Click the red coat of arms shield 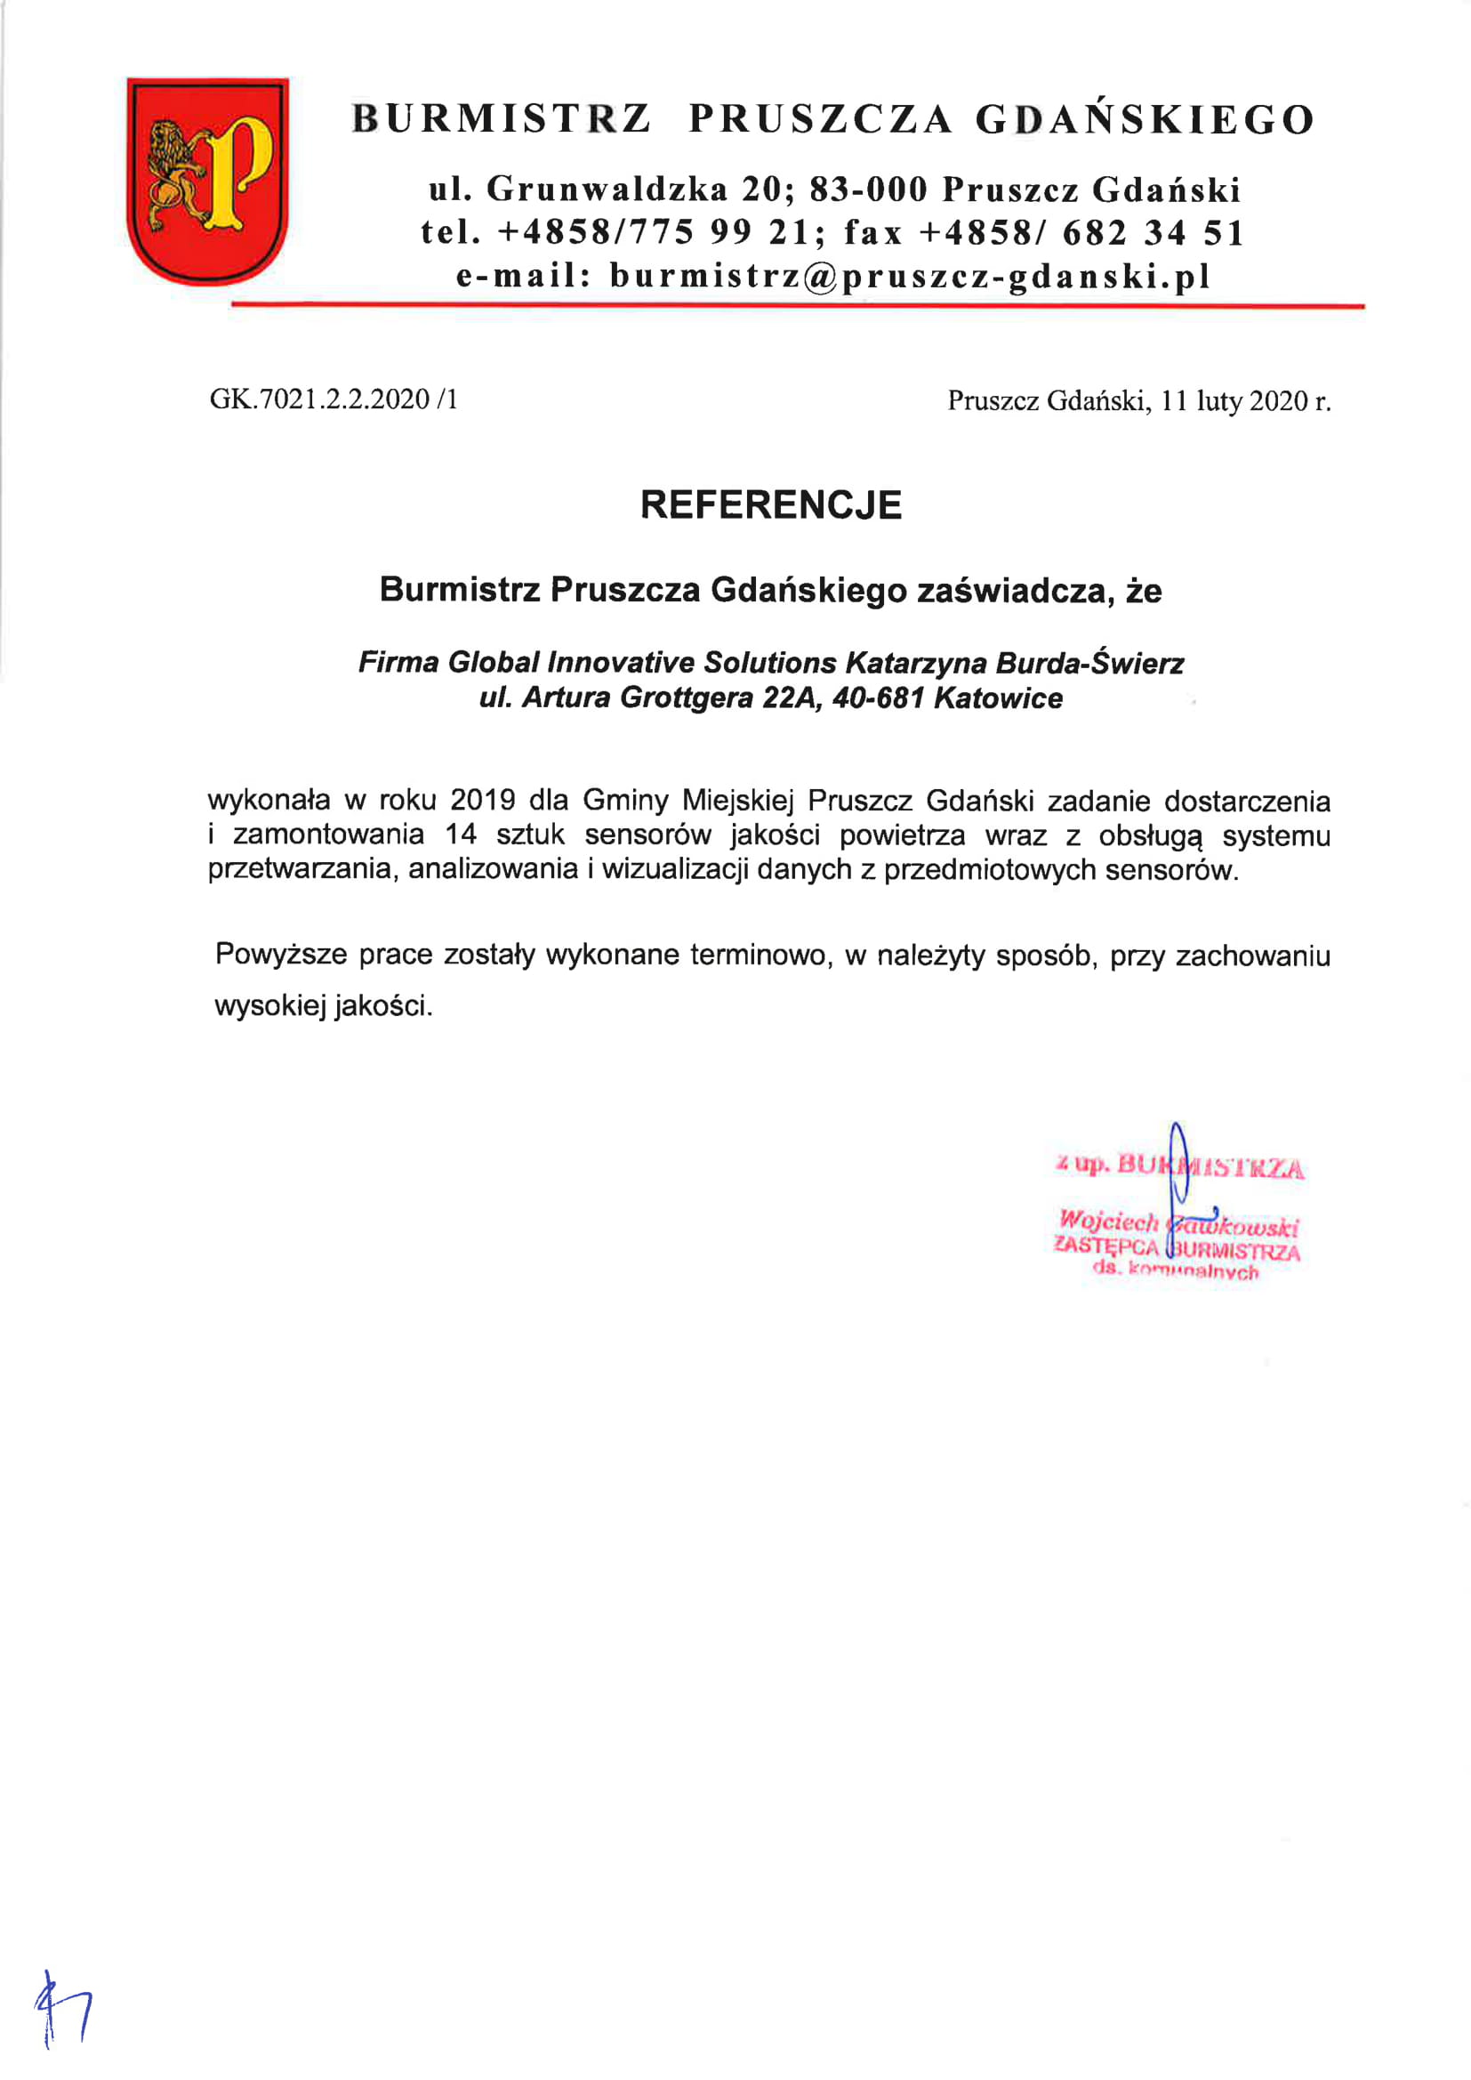point(207,181)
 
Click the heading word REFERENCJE point(771,505)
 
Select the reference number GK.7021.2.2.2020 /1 point(334,399)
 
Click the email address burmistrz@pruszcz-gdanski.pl point(910,277)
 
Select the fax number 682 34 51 point(1154,233)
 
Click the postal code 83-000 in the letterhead point(869,189)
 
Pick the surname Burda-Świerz point(1089,663)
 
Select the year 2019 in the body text point(483,801)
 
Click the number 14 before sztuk point(461,834)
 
